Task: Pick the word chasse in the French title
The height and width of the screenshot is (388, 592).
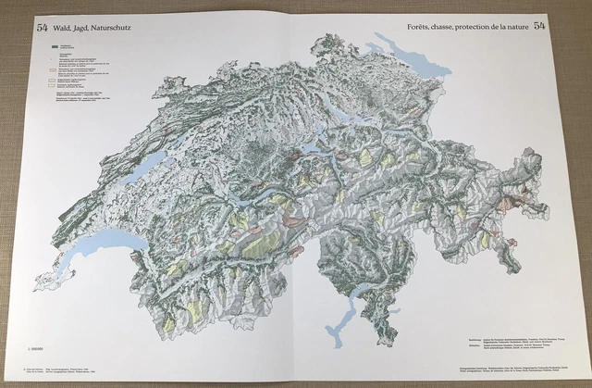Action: (x=449, y=26)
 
